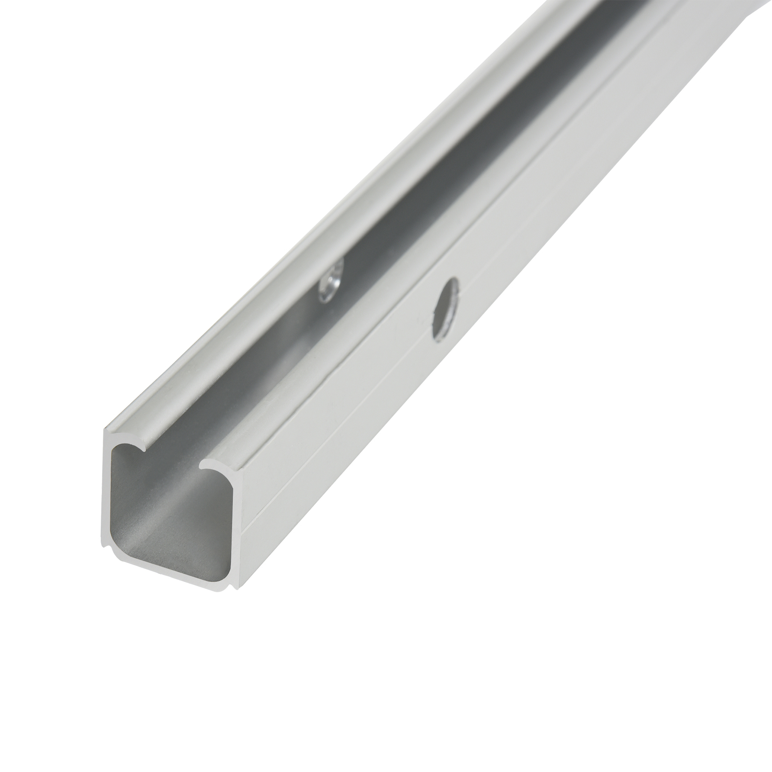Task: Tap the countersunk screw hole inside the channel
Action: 330,281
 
